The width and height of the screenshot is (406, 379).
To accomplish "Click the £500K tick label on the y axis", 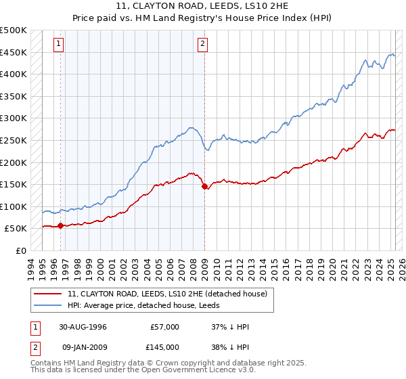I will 14,30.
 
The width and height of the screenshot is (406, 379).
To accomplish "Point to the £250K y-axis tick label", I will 14,140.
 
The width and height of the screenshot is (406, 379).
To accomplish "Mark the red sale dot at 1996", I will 61,225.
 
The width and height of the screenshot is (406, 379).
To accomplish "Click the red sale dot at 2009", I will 204,187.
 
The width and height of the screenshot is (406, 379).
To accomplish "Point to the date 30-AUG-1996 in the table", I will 83,327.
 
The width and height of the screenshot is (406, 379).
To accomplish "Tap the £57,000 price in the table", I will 164,327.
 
